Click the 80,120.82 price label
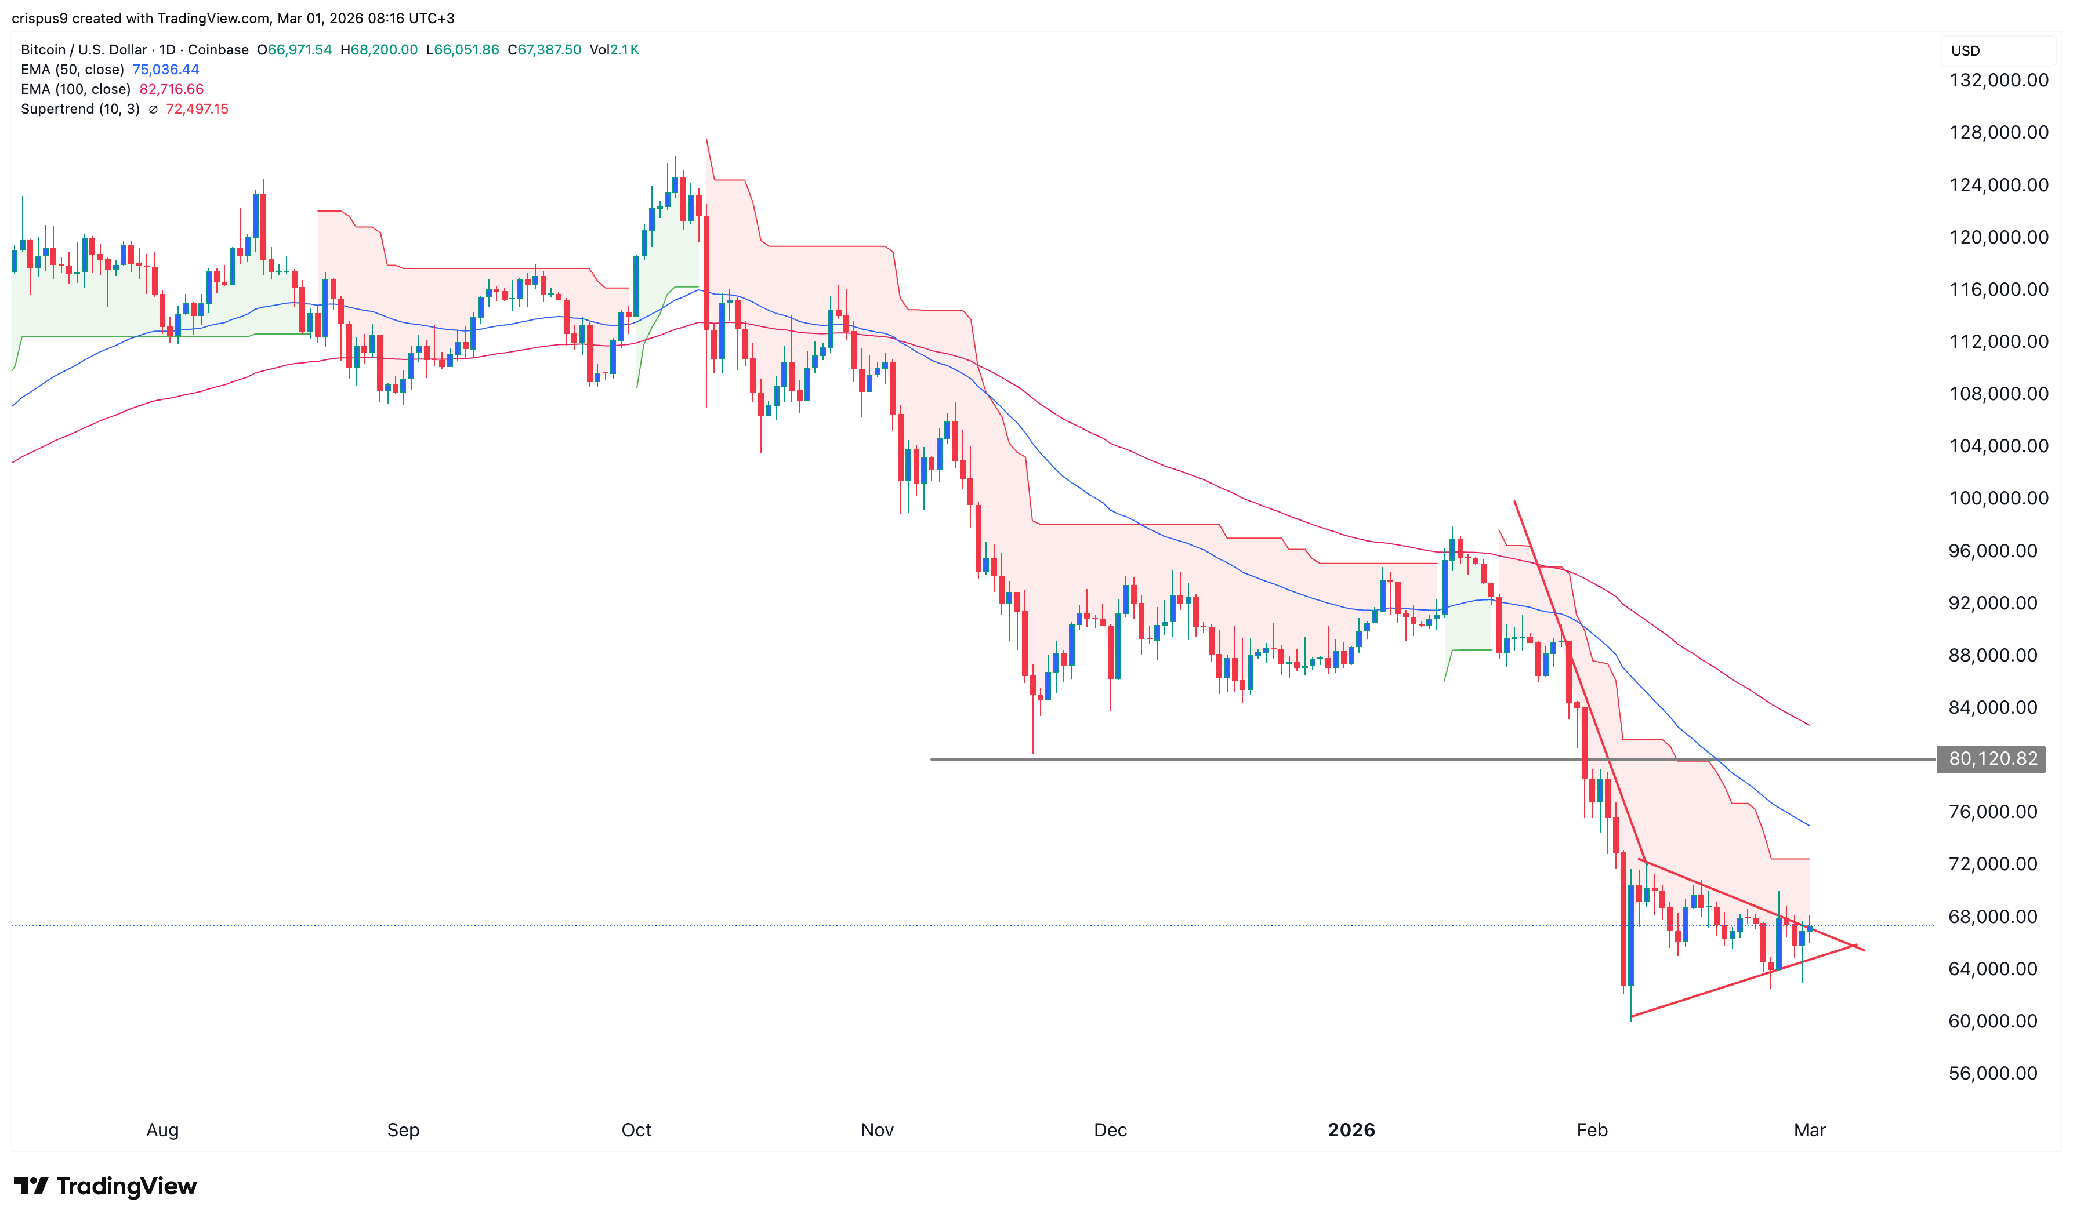coord(1992,758)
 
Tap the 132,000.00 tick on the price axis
coord(1998,81)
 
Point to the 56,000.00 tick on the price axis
coord(1992,1073)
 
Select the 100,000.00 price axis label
coord(1998,499)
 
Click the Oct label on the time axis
coord(636,1129)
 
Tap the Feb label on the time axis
coord(1592,1129)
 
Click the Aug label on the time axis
coord(162,1129)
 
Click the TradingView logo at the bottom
coord(106,1186)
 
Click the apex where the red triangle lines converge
coord(1853,946)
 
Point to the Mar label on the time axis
coord(1810,1129)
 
